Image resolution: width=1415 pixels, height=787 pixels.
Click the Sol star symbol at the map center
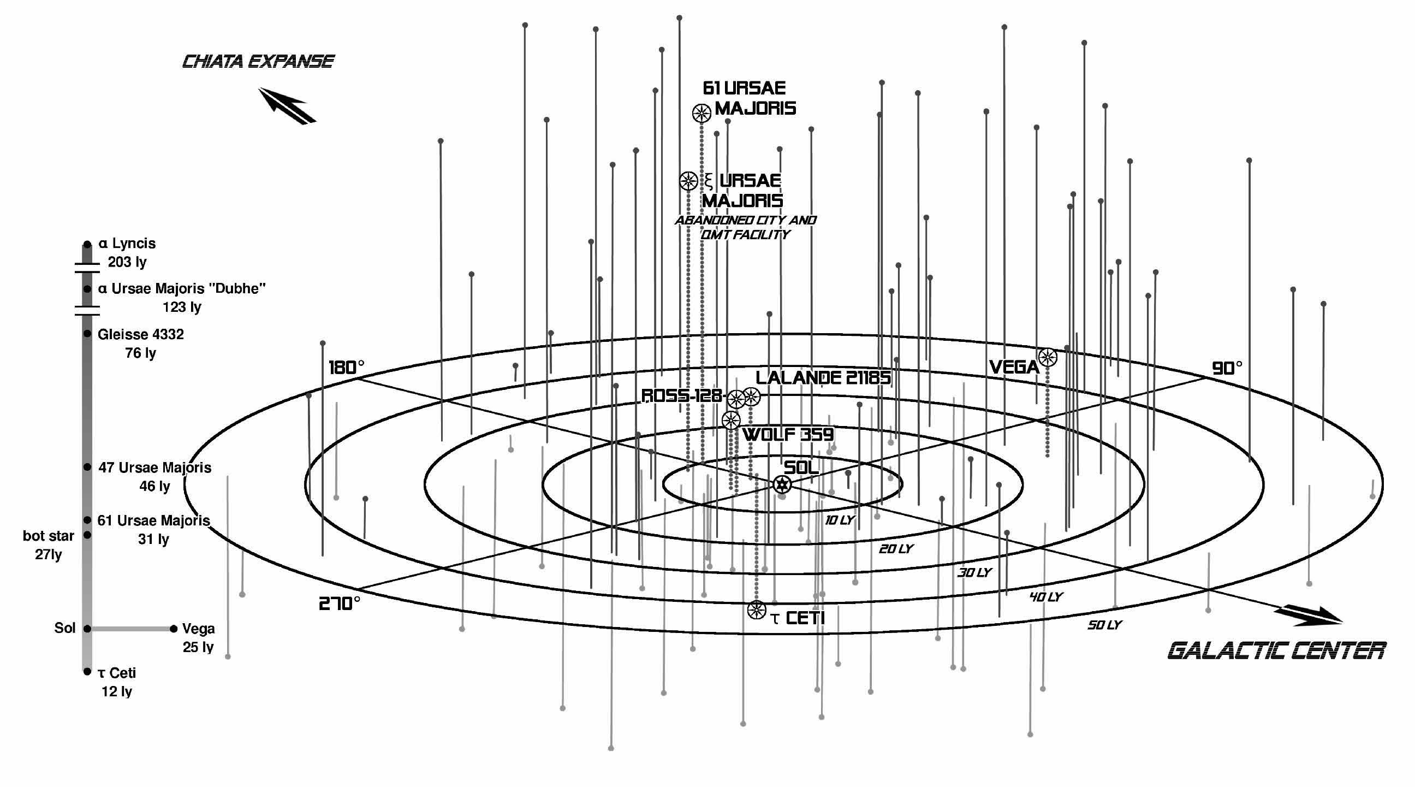[x=782, y=484]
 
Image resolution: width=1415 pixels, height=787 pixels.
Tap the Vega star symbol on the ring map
[x=1048, y=357]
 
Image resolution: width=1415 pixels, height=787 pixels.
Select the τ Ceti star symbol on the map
[x=757, y=610]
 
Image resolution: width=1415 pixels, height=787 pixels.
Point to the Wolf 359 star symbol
[x=730, y=421]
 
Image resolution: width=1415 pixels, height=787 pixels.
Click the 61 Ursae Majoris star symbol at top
[x=701, y=113]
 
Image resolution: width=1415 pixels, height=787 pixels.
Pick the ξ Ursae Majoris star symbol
[x=688, y=181]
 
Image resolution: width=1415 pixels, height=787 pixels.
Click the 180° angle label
[x=346, y=368]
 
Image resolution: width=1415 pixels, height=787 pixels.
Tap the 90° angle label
[x=1227, y=368]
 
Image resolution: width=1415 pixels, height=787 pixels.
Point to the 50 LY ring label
[x=1104, y=625]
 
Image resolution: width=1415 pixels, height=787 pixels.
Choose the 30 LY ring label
[x=974, y=573]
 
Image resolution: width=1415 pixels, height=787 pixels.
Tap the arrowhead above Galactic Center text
[x=1310, y=616]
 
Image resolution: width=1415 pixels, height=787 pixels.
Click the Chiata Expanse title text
[x=258, y=62]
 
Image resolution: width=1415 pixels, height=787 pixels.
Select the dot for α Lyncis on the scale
[x=87, y=245]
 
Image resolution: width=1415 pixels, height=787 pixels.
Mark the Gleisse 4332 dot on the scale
[x=87, y=334]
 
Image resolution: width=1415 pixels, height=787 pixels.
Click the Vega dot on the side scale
[x=174, y=629]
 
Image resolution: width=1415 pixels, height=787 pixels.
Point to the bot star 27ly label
[x=49, y=545]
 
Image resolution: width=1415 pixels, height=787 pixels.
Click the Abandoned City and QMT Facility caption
[x=745, y=227]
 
